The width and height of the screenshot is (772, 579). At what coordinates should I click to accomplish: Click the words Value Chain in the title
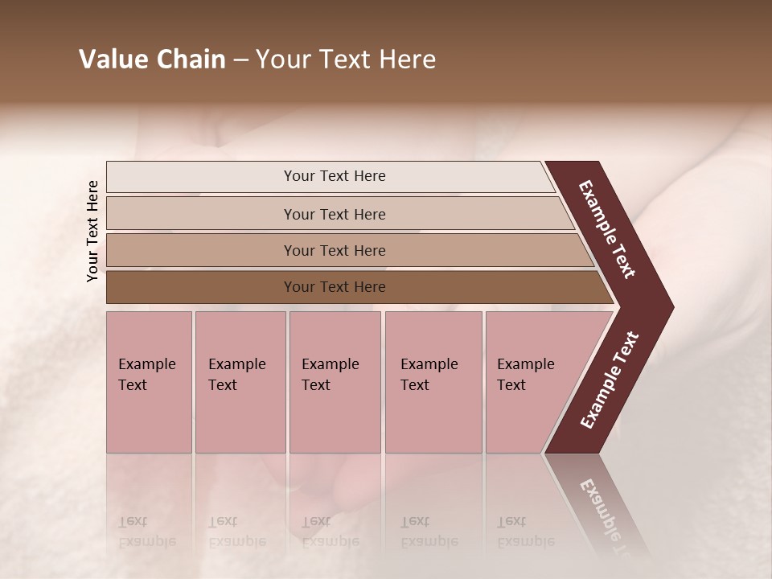[152, 60]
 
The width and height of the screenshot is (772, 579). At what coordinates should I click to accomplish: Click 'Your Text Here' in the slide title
[346, 60]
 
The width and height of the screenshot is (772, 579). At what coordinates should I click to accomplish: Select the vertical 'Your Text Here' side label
[92, 231]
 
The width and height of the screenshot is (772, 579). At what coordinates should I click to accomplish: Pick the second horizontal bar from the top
[335, 214]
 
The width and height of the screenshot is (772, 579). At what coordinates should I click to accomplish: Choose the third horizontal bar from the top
[335, 250]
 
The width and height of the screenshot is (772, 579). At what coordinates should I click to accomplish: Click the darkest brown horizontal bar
[335, 287]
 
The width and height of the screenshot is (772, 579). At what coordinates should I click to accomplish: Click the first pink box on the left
[149, 382]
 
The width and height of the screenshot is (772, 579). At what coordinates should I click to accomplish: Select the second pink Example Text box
[240, 382]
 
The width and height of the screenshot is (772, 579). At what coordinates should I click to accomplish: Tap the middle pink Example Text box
[335, 382]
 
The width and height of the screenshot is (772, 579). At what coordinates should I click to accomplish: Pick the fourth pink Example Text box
[433, 382]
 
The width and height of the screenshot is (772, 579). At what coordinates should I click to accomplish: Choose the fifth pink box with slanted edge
[531, 382]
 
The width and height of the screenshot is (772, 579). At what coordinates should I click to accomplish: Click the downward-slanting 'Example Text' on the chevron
[607, 229]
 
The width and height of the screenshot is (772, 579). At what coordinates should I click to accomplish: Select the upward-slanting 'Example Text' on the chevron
[610, 380]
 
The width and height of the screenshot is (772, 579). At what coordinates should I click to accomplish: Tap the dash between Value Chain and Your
[240, 60]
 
